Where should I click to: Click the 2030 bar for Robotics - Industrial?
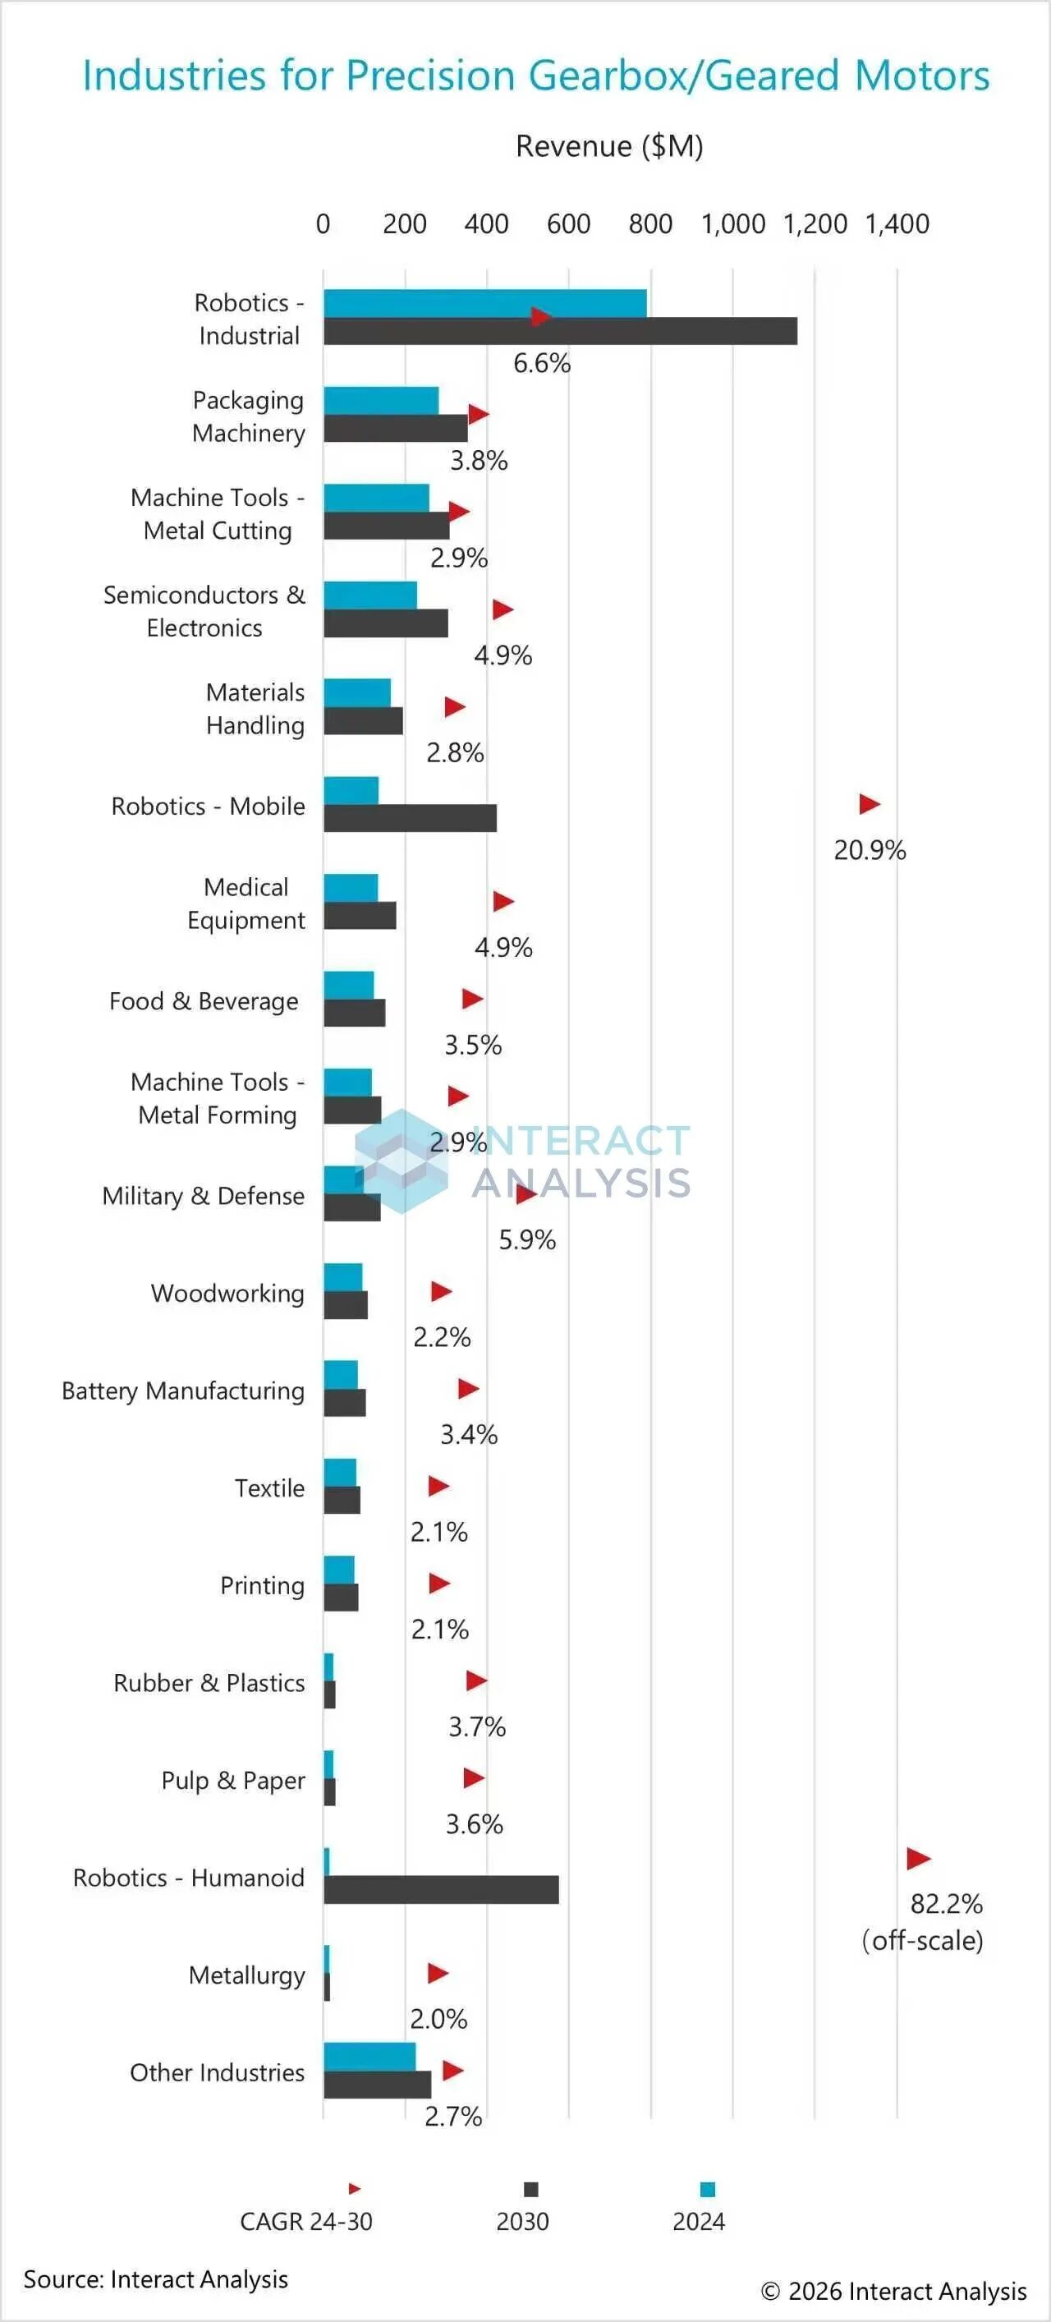(x=559, y=332)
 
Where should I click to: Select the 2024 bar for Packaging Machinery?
(x=381, y=400)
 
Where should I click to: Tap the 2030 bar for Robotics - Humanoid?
(x=441, y=1889)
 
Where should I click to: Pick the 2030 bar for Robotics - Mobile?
(x=410, y=818)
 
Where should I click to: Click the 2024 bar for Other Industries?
(x=369, y=2056)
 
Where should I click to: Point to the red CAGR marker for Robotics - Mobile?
(x=869, y=804)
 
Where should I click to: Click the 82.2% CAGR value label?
(x=946, y=1904)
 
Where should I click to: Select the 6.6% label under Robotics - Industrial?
(x=542, y=363)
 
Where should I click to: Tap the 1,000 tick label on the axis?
(x=732, y=223)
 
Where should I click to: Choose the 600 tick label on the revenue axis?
(x=568, y=223)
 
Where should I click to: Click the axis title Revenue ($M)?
(x=609, y=146)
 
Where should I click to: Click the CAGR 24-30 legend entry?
(x=305, y=2221)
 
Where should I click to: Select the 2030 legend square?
(x=531, y=2190)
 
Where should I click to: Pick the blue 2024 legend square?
(x=708, y=2190)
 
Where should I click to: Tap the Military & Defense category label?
(x=203, y=1196)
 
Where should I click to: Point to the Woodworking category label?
(x=227, y=1294)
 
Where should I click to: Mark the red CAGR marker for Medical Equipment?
(x=503, y=901)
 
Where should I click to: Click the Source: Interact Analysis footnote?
(x=156, y=2278)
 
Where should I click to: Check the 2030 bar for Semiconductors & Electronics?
(x=386, y=623)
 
